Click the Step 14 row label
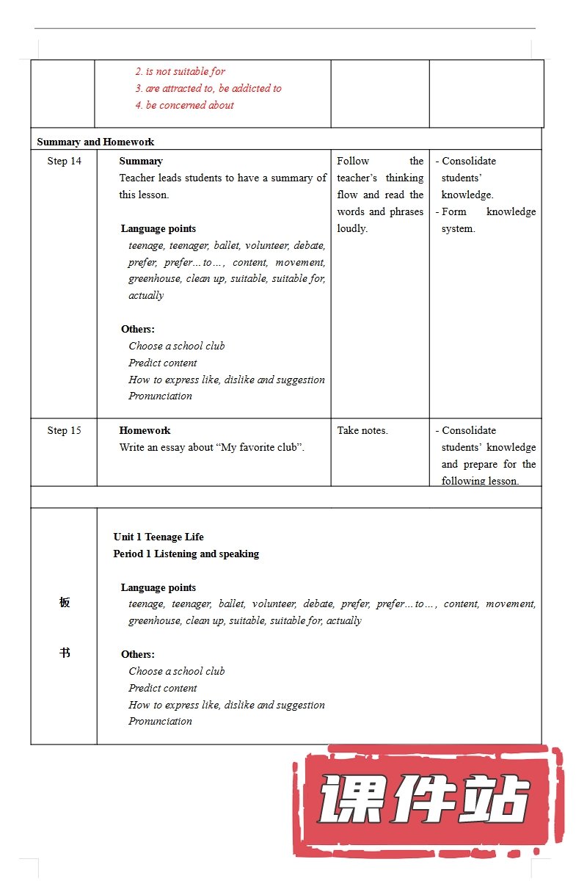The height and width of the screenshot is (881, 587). (x=64, y=162)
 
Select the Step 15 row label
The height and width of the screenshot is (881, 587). (x=64, y=431)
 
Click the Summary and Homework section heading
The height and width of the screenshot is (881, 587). (x=95, y=142)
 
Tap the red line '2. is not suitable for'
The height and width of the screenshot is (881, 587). (x=180, y=71)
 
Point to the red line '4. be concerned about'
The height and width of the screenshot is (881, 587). (x=184, y=105)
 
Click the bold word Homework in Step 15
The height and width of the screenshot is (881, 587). (x=145, y=431)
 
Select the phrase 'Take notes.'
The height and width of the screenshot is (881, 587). (x=362, y=431)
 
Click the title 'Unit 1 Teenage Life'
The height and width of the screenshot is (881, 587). (x=158, y=537)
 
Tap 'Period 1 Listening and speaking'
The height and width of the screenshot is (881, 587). (x=186, y=554)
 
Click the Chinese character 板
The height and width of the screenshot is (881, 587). (x=65, y=603)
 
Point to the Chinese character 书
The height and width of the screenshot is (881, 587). (x=65, y=653)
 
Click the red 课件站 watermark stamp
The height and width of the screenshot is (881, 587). (x=426, y=800)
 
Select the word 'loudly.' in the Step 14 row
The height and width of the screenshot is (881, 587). (x=352, y=228)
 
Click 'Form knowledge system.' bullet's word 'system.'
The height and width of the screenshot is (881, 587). (x=458, y=228)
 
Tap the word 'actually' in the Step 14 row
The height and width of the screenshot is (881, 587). (x=146, y=295)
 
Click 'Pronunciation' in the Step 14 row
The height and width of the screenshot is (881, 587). (x=160, y=396)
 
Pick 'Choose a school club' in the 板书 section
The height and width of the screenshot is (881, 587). (x=177, y=671)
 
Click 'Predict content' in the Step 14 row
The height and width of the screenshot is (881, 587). (x=163, y=363)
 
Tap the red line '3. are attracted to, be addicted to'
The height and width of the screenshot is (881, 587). (x=208, y=88)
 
